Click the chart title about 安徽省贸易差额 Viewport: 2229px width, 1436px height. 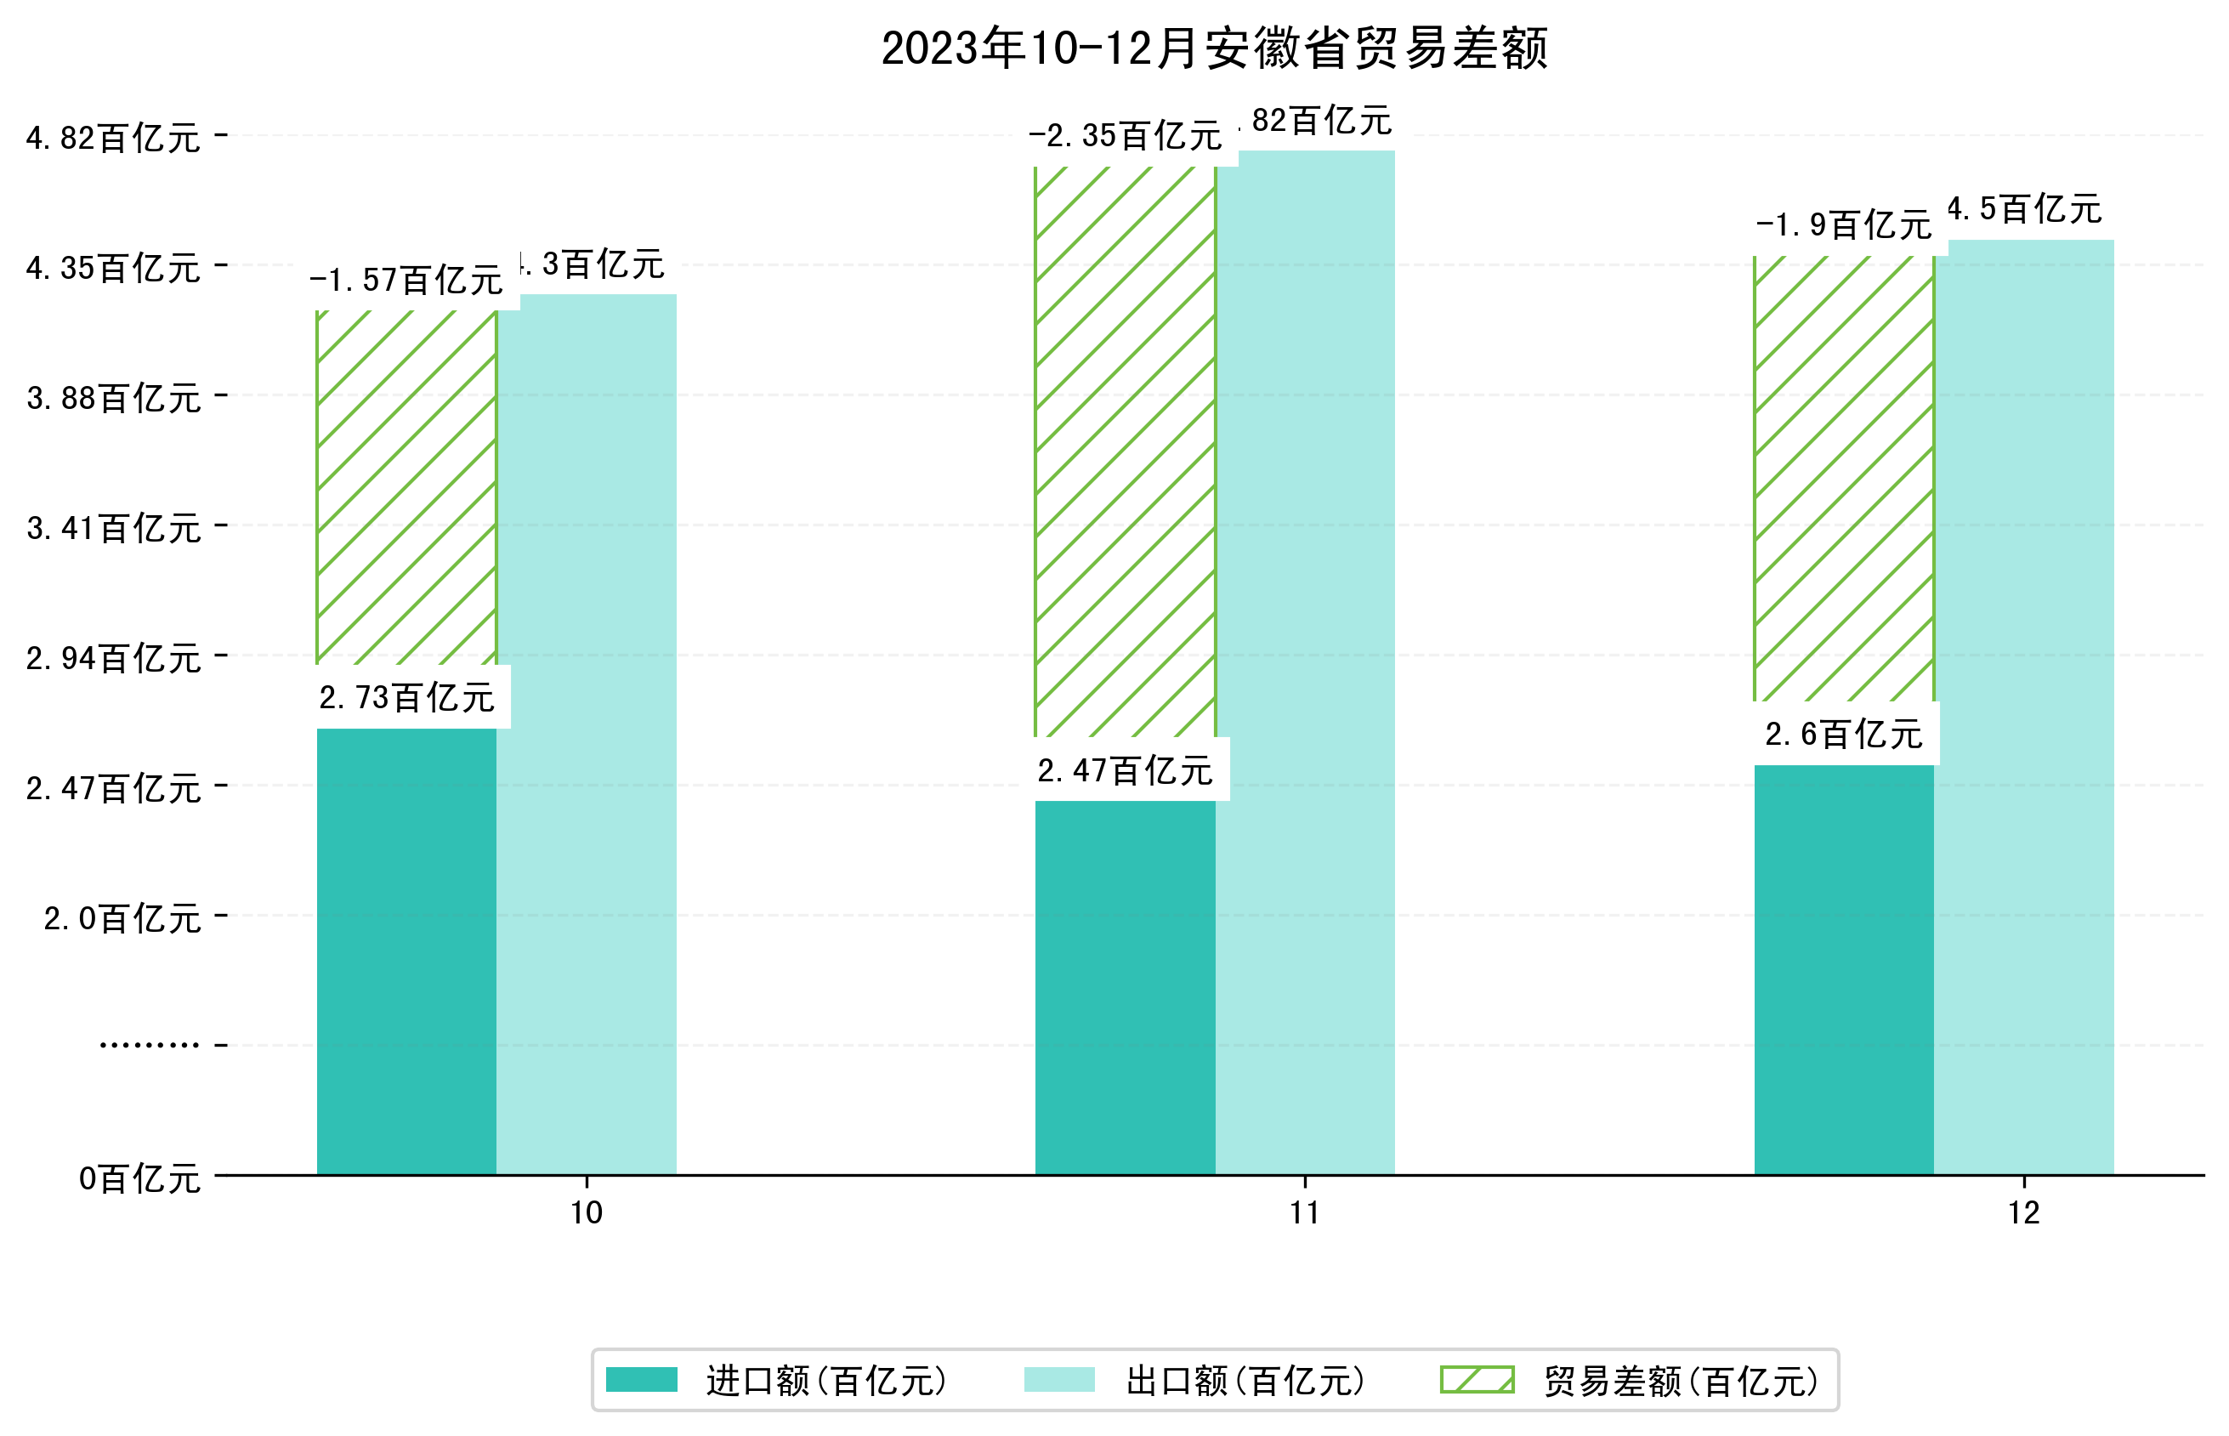pyautogui.click(x=1214, y=48)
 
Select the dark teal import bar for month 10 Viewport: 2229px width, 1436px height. pyautogui.click(x=406, y=951)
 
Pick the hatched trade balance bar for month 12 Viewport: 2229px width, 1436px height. pyautogui.click(x=1843, y=478)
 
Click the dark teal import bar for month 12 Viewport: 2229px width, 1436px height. pyautogui.click(x=1843, y=970)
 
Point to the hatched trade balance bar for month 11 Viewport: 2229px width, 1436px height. pyautogui.click(x=1125, y=452)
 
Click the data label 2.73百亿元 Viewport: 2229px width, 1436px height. pyautogui.click(x=406, y=697)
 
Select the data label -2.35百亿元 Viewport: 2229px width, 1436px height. pyautogui.click(x=1125, y=136)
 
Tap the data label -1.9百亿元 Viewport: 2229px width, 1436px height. pyautogui.click(x=1843, y=224)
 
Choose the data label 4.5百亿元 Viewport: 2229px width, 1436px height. pyautogui.click(x=2024, y=209)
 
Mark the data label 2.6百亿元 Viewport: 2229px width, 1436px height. pyautogui.click(x=1843, y=735)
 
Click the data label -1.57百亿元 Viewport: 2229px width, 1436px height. pyautogui.click(x=406, y=280)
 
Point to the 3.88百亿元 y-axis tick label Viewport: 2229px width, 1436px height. pyautogui.click(x=114, y=398)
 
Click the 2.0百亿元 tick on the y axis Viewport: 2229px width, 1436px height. pyautogui.click(x=122, y=918)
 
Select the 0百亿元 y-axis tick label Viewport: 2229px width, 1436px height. pyautogui.click(x=139, y=1178)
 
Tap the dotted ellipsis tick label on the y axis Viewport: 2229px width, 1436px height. pyautogui.click(x=149, y=1045)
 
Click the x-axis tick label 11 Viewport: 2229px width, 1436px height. pyautogui.click(x=1304, y=1212)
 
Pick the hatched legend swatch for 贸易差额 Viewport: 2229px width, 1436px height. pyautogui.click(x=1477, y=1379)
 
